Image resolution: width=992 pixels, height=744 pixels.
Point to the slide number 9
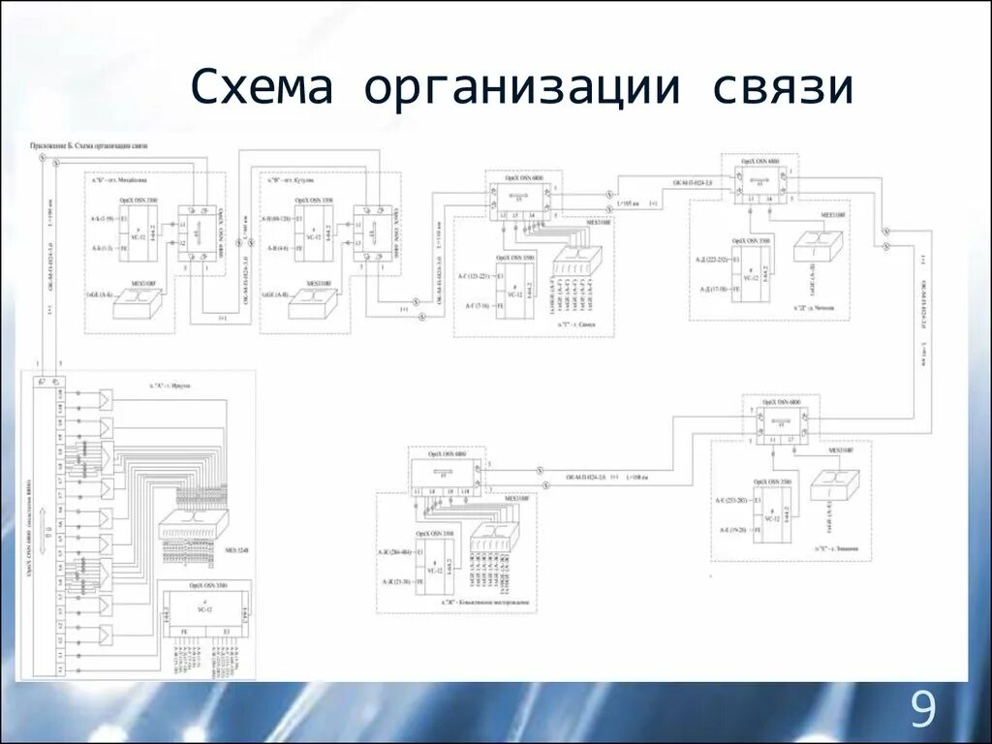[x=923, y=712]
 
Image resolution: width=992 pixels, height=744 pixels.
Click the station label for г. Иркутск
[x=170, y=385]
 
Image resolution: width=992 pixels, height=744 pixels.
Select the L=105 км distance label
[x=629, y=203]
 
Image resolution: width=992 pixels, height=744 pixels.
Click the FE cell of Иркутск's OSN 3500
[x=183, y=631]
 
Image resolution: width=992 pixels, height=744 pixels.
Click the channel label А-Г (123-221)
[x=478, y=278]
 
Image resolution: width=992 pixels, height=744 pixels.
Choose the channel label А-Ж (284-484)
[x=395, y=552]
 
